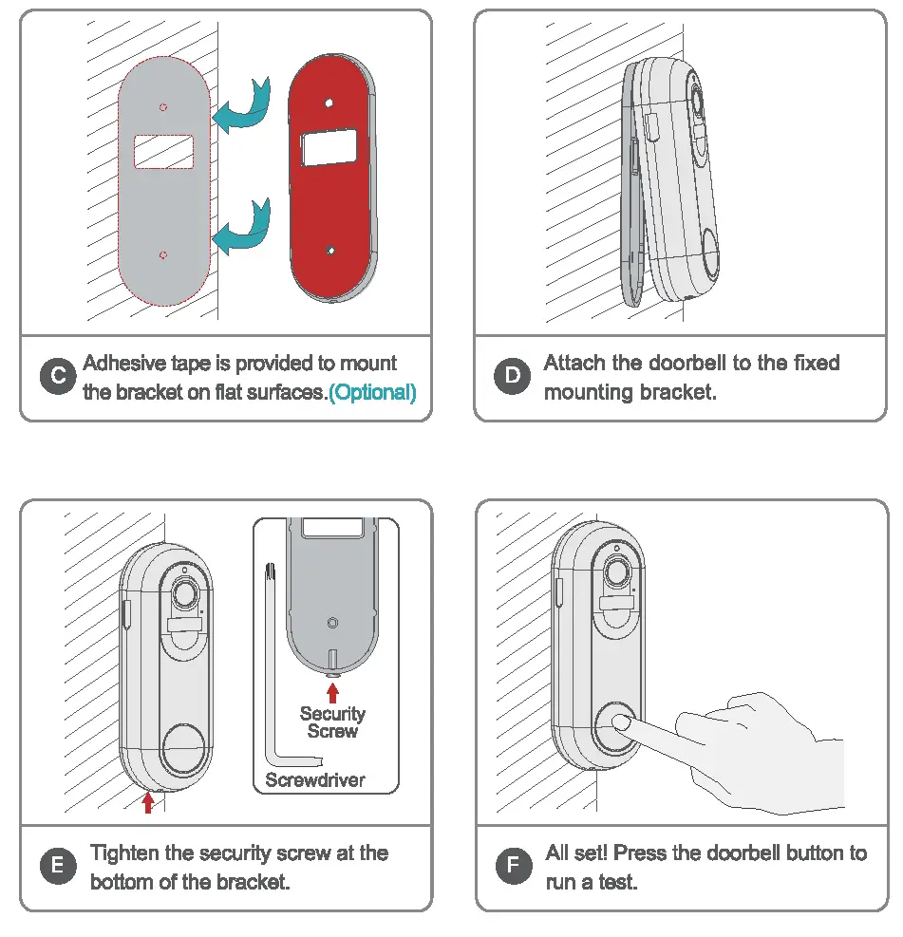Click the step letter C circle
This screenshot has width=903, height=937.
[x=58, y=377]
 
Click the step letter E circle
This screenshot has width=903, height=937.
[x=58, y=866]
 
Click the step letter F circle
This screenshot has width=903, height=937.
[x=513, y=866]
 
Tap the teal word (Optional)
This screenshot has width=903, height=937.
[x=372, y=392]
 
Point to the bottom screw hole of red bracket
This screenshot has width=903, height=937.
[x=329, y=250]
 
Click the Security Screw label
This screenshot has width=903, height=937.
[x=332, y=722]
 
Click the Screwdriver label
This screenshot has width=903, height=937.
[x=315, y=780]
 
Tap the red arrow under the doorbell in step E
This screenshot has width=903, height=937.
[x=147, y=803]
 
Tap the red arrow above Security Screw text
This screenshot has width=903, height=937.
[x=332, y=693]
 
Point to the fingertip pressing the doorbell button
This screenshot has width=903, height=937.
[x=620, y=723]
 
